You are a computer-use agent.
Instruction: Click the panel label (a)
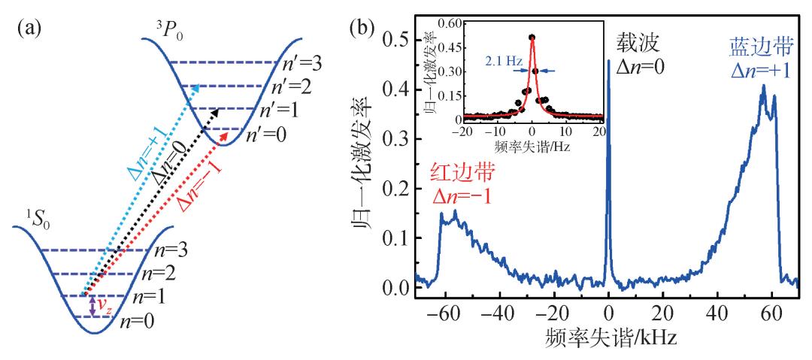coord(29,31)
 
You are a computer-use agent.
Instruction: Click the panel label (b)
coord(366,31)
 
